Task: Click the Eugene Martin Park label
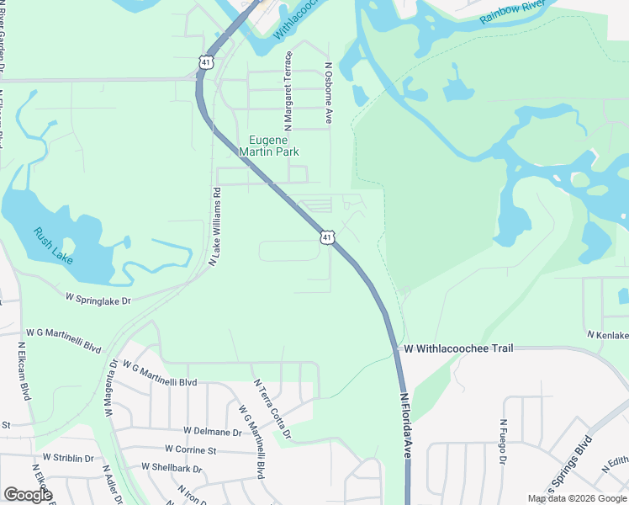pyautogui.click(x=269, y=146)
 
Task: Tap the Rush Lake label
pyautogui.click(x=53, y=245)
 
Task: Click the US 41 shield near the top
pyautogui.click(x=206, y=61)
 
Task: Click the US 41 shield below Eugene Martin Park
pyautogui.click(x=327, y=237)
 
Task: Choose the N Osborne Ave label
pyautogui.click(x=329, y=93)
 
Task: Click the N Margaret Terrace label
pyautogui.click(x=288, y=90)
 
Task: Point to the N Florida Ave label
pyautogui.click(x=406, y=425)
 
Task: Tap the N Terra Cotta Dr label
pyautogui.click(x=272, y=409)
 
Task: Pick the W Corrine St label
pyautogui.click(x=191, y=449)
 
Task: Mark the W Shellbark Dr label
pyautogui.click(x=172, y=467)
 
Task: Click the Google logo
pyautogui.click(x=28, y=494)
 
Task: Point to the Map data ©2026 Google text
pyautogui.click(x=576, y=498)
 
